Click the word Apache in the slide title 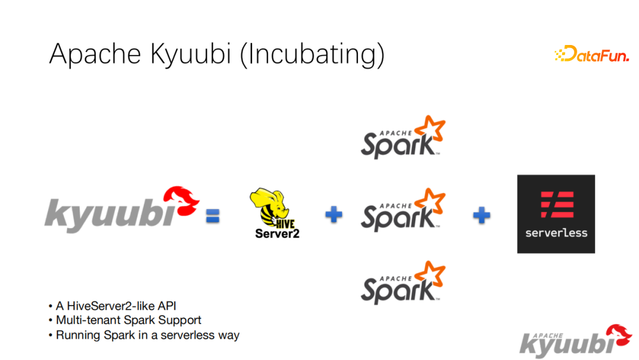pyautogui.click(x=95, y=53)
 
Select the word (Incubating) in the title pyautogui.click(x=313, y=54)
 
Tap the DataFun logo pyautogui.click(x=591, y=55)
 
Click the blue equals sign pyautogui.click(x=212, y=217)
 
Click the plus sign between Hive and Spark pyautogui.click(x=334, y=215)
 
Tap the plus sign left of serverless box pyautogui.click(x=481, y=215)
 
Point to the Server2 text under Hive pyautogui.click(x=277, y=234)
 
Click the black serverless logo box pyautogui.click(x=556, y=214)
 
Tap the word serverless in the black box pyautogui.click(x=556, y=233)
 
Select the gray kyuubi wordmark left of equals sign pyautogui.click(x=109, y=214)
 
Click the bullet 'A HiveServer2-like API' pyautogui.click(x=116, y=306)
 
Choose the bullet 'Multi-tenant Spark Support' pyautogui.click(x=128, y=320)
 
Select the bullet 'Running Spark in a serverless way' pyautogui.click(x=147, y=335)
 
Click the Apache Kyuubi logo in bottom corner pyautogui.click(x=575, y=342)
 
